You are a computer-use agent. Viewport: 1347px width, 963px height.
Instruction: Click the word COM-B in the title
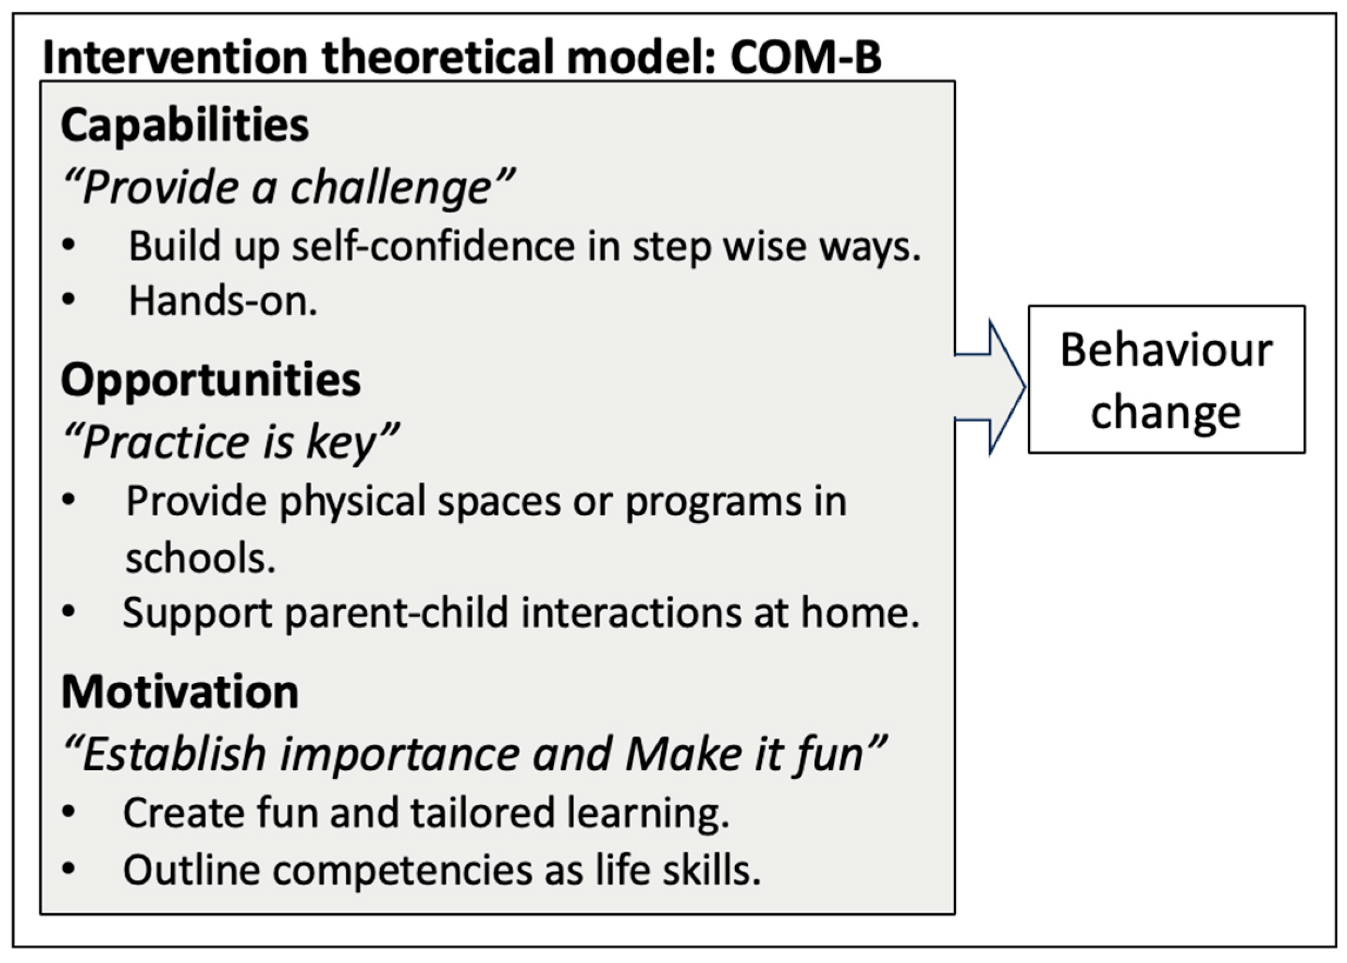point(806,57)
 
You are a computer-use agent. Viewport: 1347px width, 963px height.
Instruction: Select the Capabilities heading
point(185,125)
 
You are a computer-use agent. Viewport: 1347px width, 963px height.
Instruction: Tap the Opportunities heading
point(210,379)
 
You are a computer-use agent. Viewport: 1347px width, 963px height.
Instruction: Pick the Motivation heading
point(180,691)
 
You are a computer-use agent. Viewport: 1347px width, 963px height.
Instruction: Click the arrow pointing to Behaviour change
point(990,388)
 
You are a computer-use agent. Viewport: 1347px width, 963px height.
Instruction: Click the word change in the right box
point(1165,413)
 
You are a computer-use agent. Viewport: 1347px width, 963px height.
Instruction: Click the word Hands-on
point(223,301)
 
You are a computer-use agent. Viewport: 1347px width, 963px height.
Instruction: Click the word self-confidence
point(434,246)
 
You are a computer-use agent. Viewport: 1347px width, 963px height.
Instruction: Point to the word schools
point(200,558)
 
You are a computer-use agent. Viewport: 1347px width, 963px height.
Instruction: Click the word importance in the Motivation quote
point(400,755)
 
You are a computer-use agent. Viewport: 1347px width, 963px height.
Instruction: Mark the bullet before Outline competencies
point(69,869)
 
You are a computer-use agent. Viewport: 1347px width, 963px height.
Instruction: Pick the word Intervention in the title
point(176,57)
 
